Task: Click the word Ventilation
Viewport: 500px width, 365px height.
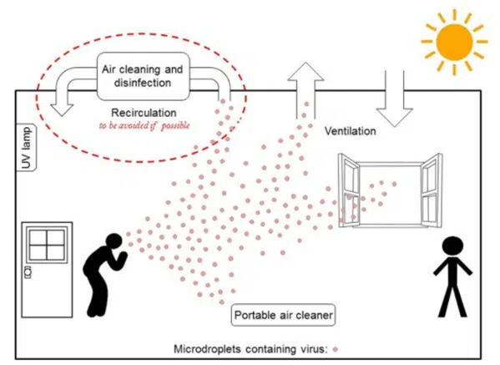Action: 350,132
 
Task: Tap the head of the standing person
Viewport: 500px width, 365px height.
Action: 451,247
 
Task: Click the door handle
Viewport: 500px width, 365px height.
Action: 29,272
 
